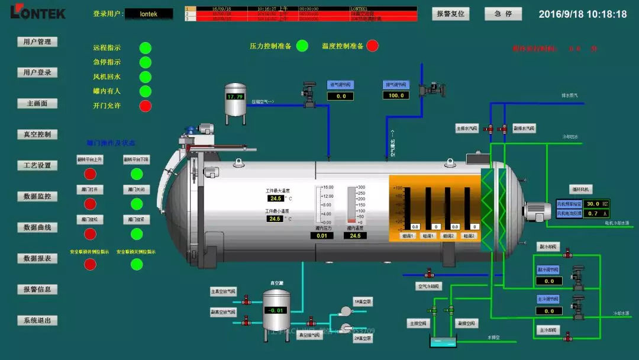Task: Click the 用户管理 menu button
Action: point(37,42)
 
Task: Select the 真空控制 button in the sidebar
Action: point(37,134)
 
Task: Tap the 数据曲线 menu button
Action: point(37,227)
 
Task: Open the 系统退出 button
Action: point(37,320)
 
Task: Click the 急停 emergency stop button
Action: point(503,14)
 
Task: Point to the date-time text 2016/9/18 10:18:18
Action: point(582,14)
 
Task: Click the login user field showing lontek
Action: point(149,14)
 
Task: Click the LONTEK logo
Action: point(38,12)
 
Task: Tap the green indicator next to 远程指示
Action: point(145,48)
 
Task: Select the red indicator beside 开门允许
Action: point(145,106)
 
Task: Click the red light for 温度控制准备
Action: point(373,46)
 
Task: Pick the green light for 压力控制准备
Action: point(302,46)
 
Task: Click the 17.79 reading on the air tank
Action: point(235,97)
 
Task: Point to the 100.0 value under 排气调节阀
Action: point(395,95)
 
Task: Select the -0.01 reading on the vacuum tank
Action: point(276,310)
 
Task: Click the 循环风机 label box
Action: point(581,189)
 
